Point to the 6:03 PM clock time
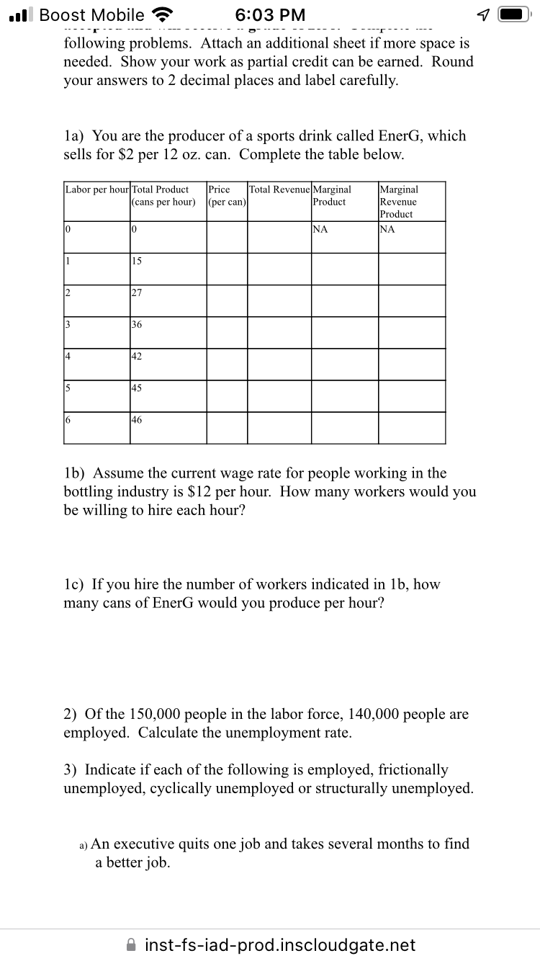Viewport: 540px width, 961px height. pyautogui.click(x=270, y=15)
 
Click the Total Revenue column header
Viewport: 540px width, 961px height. pyautogui.click(x=280, y=189)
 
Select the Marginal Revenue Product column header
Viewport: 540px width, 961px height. pyautogui.click(x=399, y=202)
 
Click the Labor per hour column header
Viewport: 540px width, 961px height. pyautogui.click(x=96, y=189)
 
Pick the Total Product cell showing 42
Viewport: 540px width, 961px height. pyautogui.click(x=138, y=356)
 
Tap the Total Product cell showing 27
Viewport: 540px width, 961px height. pyautogui.click(x=138, y=292)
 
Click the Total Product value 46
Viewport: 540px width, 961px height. pyautogui.click(x=138, y=419)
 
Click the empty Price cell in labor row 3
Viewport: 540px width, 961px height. pyautogui.click(x=227, y=332)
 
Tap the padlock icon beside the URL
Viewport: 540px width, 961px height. pyautogui.click(x=132, y=944)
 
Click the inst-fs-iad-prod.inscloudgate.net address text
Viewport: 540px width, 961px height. pyautogui.click(x=280, y=944)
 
